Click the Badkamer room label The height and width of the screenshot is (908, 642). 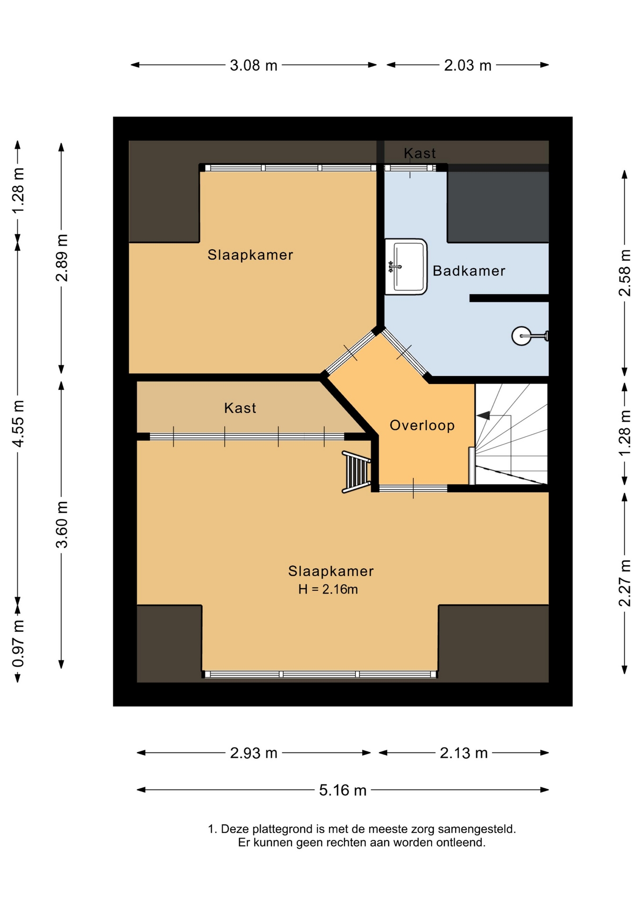(x=468, y=271)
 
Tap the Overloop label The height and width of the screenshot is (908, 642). (x=422, y=425)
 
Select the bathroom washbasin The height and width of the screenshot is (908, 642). (x=406, y=267)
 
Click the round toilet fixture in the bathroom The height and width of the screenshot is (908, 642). (x=529, y=336)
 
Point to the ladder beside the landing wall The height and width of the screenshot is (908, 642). (x=356, y=472)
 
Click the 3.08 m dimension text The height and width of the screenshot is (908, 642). (x=253, y=65)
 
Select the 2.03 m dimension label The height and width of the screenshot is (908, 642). (x=468, y=65)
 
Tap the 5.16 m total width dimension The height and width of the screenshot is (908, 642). (x=343, y=790)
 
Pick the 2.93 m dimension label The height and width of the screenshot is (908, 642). (x=253, y=753)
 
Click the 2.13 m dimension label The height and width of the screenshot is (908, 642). (x=463, y=753)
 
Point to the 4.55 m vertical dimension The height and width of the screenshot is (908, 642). (x=18, y=423)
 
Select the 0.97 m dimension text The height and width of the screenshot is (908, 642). (x=18, y=643)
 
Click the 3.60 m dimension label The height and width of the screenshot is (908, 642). (x=62, y=524)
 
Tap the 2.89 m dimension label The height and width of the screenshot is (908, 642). (x=62, y=258)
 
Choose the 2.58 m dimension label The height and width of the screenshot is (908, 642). (x=625, y=273)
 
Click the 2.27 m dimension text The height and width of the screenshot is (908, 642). (x=625, y=583)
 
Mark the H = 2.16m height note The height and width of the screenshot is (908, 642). (x=328, y=589)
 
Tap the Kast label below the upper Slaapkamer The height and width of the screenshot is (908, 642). (x=240, y=408)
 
